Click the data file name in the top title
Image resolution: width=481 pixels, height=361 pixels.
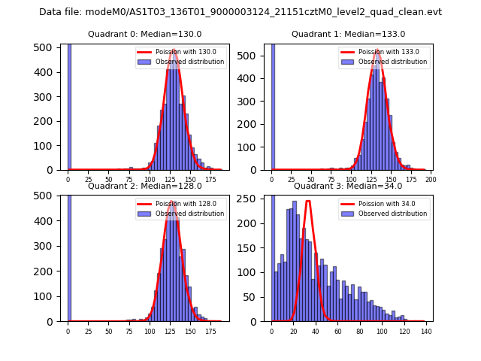240,12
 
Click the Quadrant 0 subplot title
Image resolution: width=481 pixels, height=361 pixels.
144,34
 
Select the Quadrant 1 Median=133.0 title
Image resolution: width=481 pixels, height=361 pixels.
348,34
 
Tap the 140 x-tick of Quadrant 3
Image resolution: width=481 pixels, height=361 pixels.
426,330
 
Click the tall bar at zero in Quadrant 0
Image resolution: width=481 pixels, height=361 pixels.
69,105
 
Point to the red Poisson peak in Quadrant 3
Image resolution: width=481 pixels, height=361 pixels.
307,202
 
